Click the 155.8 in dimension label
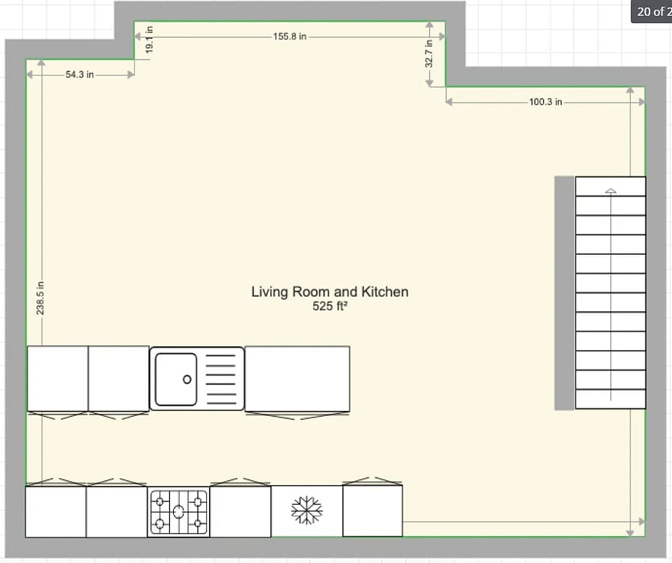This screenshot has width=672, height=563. coord(290,37)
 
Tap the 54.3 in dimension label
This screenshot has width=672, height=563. coord(79,75)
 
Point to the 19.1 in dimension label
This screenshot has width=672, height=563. coord(149,40)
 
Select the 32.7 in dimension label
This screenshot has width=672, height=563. coord(429,53)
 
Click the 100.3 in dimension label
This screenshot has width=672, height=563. coord(545,102)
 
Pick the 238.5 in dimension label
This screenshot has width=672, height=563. coord(40,298)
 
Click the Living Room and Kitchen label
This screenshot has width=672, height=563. coord(330,292)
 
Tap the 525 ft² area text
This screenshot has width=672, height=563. coord(330,306)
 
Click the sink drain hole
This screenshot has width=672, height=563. coord(187,379)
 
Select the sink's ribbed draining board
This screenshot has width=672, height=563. coord(221,379)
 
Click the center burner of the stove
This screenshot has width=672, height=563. coord(179,511)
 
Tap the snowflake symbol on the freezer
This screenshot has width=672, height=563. coord(307,511)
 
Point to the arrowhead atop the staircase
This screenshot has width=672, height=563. coord(611,191)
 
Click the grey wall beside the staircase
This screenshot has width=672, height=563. coord(564,293)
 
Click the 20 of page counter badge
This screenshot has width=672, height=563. coord(652,11)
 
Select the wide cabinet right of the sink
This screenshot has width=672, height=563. coord(297,379)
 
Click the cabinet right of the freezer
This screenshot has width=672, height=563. coord(372,511)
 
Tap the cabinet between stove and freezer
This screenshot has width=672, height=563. coord(240,511)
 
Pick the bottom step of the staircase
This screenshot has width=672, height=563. coord(611,400)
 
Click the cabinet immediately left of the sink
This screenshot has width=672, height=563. coord(118,379)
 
